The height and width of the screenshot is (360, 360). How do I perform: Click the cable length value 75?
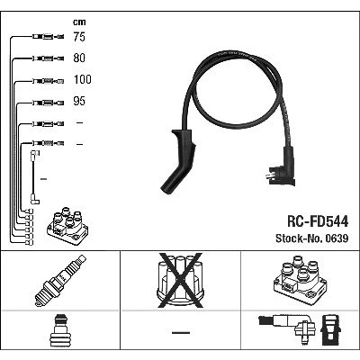pos(79,37)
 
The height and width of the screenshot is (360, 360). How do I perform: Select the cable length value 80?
pos(79,58)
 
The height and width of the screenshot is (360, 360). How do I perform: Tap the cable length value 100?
pos(83,79)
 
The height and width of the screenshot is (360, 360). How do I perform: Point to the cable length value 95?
pos(79,101)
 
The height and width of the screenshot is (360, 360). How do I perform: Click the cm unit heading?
pos(79,22)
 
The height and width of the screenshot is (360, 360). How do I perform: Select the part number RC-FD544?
pos(318,221)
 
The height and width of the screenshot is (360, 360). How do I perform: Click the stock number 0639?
pos(336,238)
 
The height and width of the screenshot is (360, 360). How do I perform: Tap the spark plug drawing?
pos(60,281)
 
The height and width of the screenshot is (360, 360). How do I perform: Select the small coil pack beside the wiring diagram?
pos(67,226)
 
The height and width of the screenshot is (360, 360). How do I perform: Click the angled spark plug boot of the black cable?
pos(178,162)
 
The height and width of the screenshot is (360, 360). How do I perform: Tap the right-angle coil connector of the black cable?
pos(282,167)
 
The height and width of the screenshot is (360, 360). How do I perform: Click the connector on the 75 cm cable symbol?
pos(48,37)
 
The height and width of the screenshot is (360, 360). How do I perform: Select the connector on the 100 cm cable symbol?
pos(48,81)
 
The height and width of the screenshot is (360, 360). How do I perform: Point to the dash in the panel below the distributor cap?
pos(181,332)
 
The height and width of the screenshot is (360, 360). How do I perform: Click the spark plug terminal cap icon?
pos(60,331)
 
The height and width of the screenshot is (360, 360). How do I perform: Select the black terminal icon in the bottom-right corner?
pos(330,329)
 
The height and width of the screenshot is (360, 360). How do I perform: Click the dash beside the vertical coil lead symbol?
pos(43,179)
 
